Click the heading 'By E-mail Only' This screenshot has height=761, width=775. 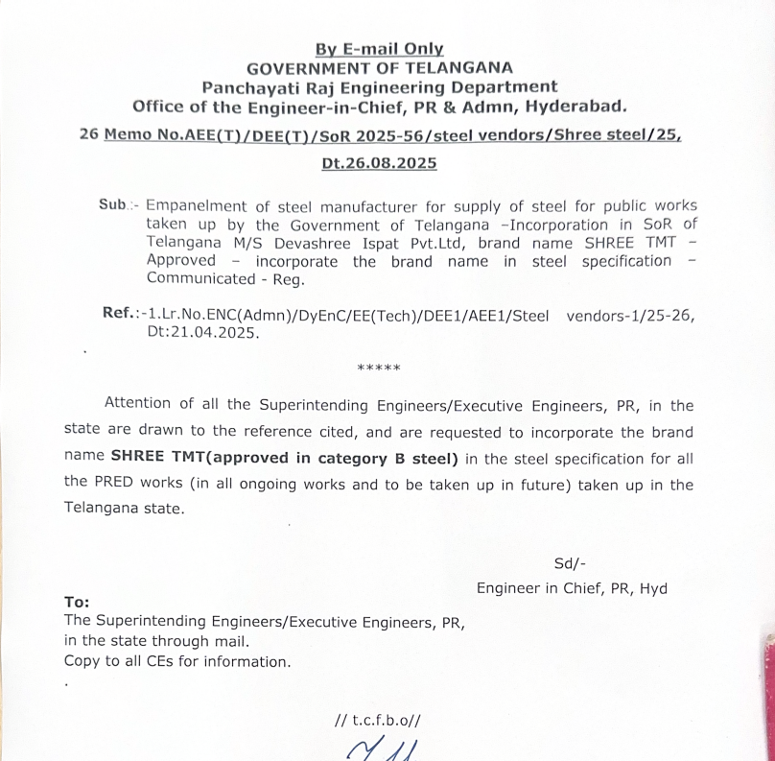[x=380, y=49]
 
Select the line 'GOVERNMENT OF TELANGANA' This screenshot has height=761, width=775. [x=380, y=67]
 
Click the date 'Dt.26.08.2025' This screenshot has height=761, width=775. [x=379, y=163]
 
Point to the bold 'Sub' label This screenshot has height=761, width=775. [x=113, y=205]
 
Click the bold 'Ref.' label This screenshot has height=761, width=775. [x=119, y=313]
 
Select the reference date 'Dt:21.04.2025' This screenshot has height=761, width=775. [x=202, y=332]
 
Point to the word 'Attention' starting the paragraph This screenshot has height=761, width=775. [x=138, y=404]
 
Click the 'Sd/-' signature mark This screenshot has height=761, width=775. [x=570, y=563]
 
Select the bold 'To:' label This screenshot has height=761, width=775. [x=77, y=603]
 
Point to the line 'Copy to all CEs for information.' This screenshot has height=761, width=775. [x=176, y=661]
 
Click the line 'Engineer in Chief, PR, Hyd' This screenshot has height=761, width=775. [x=572, y=588]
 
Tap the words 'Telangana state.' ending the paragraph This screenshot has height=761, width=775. [x=123, y=509]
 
